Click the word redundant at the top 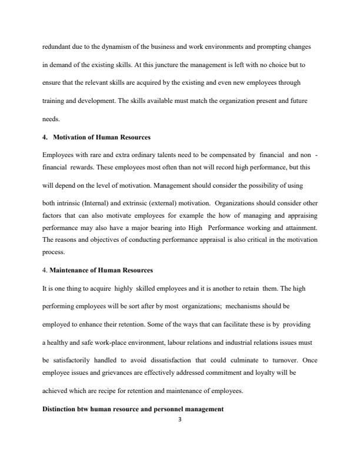[x=57, y=46]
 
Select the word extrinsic [x=138, y=201]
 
